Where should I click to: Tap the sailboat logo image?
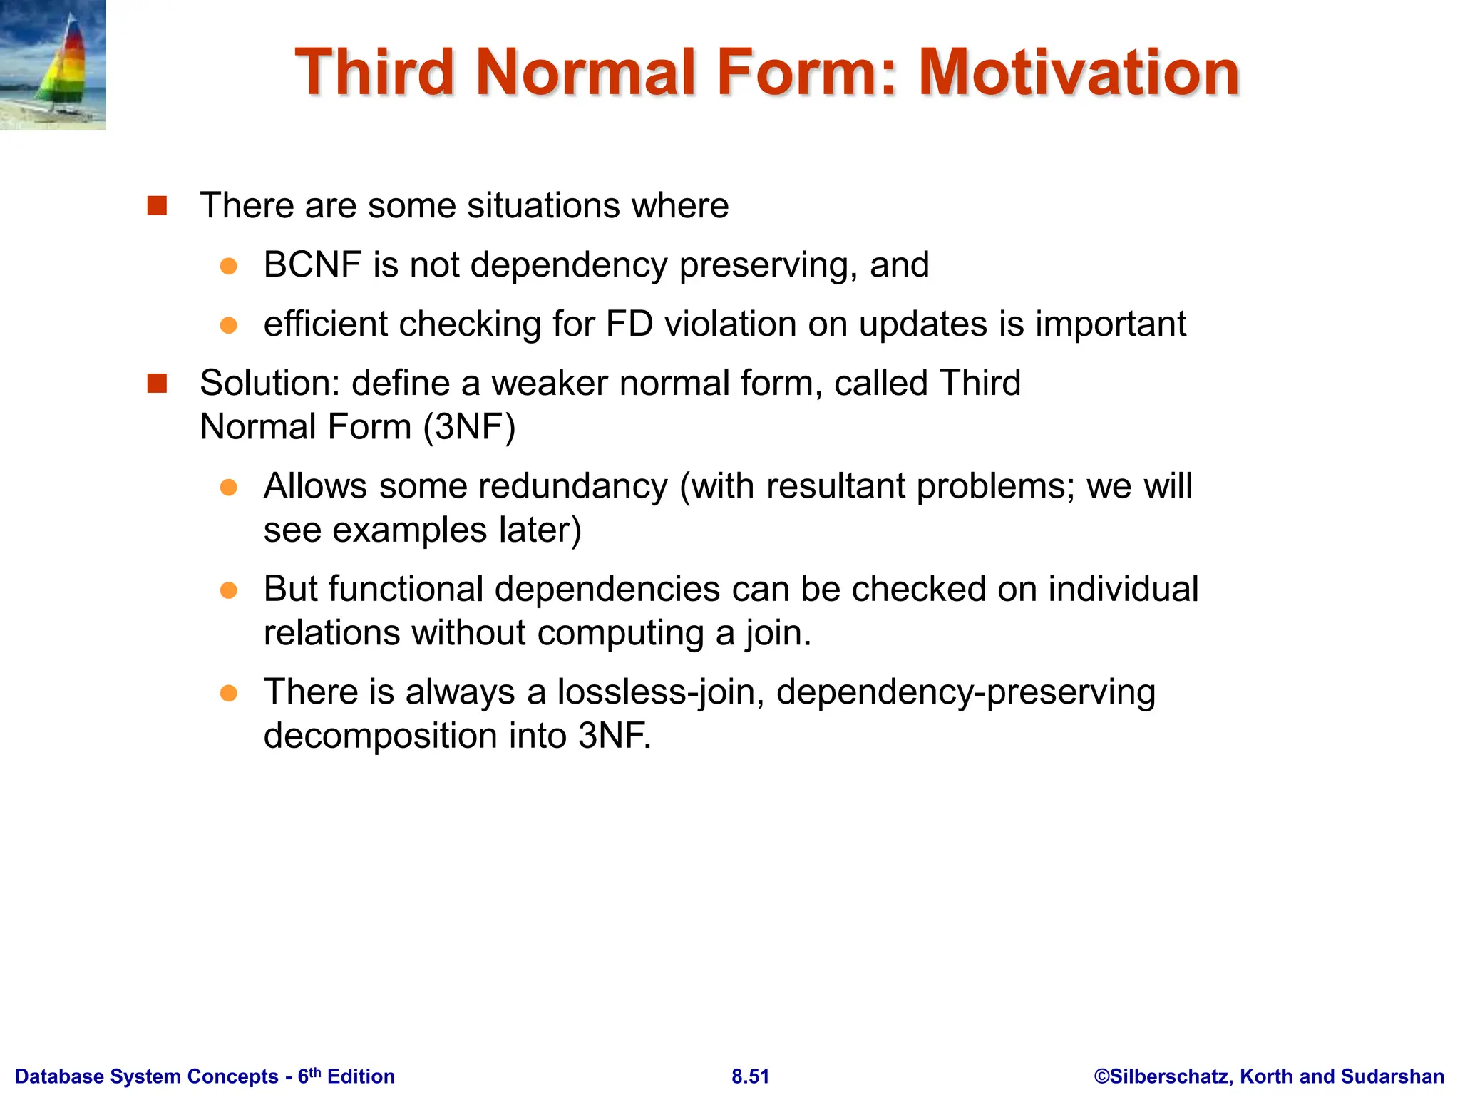[x=53, y=64]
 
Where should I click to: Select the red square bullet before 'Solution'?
[x=157, y=384]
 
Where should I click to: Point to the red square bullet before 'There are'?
[x=157, y=206]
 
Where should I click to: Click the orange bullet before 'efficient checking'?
[x=228, y=325]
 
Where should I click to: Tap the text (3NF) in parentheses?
[x=469, y=427]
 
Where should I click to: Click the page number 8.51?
[x=750, y=1076]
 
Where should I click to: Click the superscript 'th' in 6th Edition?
[x=314, y=1071]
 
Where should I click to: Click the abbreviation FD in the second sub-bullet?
[x=629, y=324]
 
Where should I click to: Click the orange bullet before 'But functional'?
[x=228, y=590]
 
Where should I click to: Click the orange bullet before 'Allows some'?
[x=228, y=488]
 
